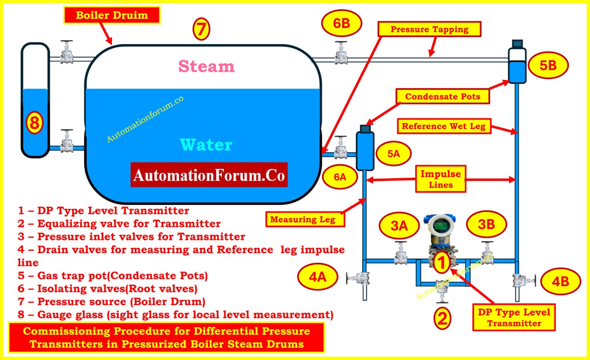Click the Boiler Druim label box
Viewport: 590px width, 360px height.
pos(112,15)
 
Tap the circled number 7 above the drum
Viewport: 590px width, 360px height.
pos(201,29)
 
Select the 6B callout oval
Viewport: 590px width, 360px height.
pos(341,23)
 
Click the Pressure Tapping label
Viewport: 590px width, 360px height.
pos(429,29)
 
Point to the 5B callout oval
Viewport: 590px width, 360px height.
pos(548,65)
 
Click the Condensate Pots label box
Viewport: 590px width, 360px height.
pos(442,96)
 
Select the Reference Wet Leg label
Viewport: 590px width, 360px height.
pos(444,126)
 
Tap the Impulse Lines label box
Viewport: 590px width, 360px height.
pos(441,179)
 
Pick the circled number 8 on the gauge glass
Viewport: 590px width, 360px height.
pos(35,123)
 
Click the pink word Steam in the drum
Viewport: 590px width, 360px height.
pos(206,66)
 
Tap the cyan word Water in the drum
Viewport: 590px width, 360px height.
pos(206,145)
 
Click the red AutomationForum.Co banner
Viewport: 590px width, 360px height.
pos(209,175)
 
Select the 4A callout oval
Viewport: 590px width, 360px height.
pos(318,277)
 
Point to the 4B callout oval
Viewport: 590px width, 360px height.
pos(560,281)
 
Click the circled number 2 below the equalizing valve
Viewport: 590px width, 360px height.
pos(442,319)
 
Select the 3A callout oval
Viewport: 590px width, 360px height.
pos(399,226)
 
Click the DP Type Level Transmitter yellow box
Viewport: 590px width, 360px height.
pos(514,317)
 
